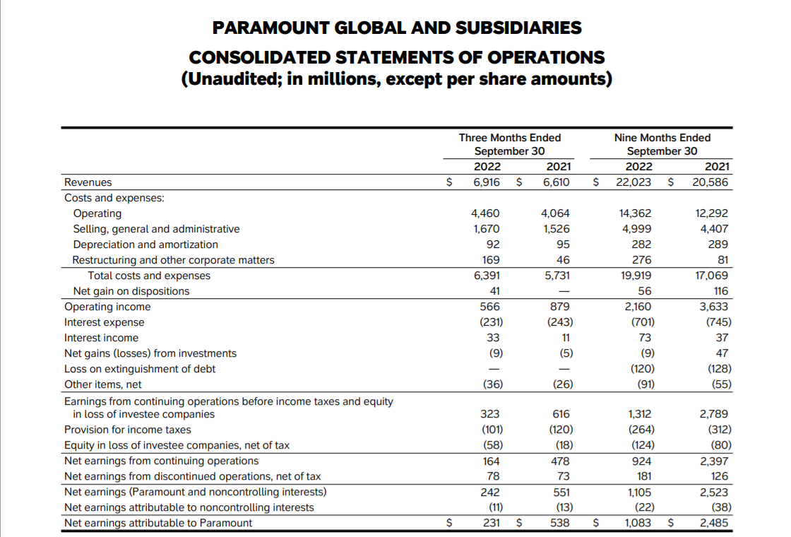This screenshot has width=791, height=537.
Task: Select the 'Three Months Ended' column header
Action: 510,138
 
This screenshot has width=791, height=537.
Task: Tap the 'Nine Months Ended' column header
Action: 662,138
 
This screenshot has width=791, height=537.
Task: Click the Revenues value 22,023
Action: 634,182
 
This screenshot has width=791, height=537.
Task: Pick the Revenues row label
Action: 88,182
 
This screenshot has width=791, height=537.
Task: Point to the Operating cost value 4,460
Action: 485,213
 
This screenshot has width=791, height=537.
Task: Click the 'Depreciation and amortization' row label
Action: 145,244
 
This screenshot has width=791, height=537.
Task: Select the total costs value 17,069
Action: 712,276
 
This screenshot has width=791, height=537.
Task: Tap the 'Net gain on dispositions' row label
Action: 131,291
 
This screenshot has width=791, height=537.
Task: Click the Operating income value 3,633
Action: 714,307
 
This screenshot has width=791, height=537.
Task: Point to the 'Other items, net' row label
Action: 103,384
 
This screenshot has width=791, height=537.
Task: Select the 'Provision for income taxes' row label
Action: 128,430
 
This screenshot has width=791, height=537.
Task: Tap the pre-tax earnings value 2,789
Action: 714,414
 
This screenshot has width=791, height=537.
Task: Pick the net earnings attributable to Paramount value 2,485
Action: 714,523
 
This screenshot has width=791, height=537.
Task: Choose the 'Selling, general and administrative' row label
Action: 156,229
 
